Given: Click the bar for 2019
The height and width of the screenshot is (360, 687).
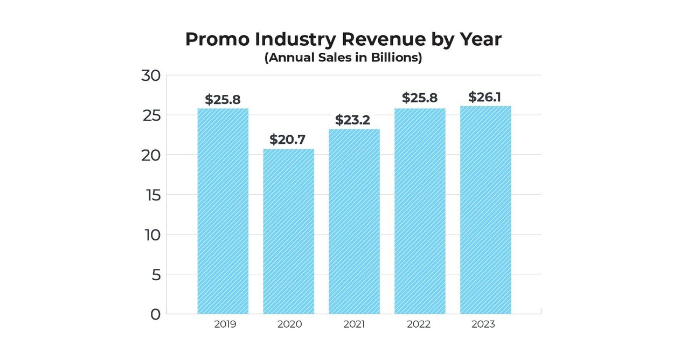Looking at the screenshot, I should (x=223, y=211).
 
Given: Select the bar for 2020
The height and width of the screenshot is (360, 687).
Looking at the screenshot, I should (x=288, y=231).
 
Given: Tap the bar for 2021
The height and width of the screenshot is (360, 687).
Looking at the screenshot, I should (x=354, y=221).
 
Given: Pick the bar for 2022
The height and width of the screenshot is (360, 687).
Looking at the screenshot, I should (x=420, y=211).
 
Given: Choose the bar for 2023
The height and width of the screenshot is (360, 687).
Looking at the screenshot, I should (x=485, y=210).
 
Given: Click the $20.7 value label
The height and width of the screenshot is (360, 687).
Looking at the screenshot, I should (x=288, y=140).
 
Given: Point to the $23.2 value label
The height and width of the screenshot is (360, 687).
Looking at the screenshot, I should (x=353, y=120).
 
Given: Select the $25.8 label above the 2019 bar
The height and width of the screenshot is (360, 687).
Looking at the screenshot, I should (x=223, y=99).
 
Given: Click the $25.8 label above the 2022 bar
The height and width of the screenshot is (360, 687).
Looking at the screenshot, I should (x=420, y=98).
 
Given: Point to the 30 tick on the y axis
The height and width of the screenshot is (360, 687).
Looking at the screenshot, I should (x=151, y=75).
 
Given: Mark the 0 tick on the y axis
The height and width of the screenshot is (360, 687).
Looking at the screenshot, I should (x=155, y=314).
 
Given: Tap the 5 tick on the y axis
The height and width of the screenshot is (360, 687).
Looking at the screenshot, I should (x=155, y=275).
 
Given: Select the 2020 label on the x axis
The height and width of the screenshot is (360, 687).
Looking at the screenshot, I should (x=289, y=324).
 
